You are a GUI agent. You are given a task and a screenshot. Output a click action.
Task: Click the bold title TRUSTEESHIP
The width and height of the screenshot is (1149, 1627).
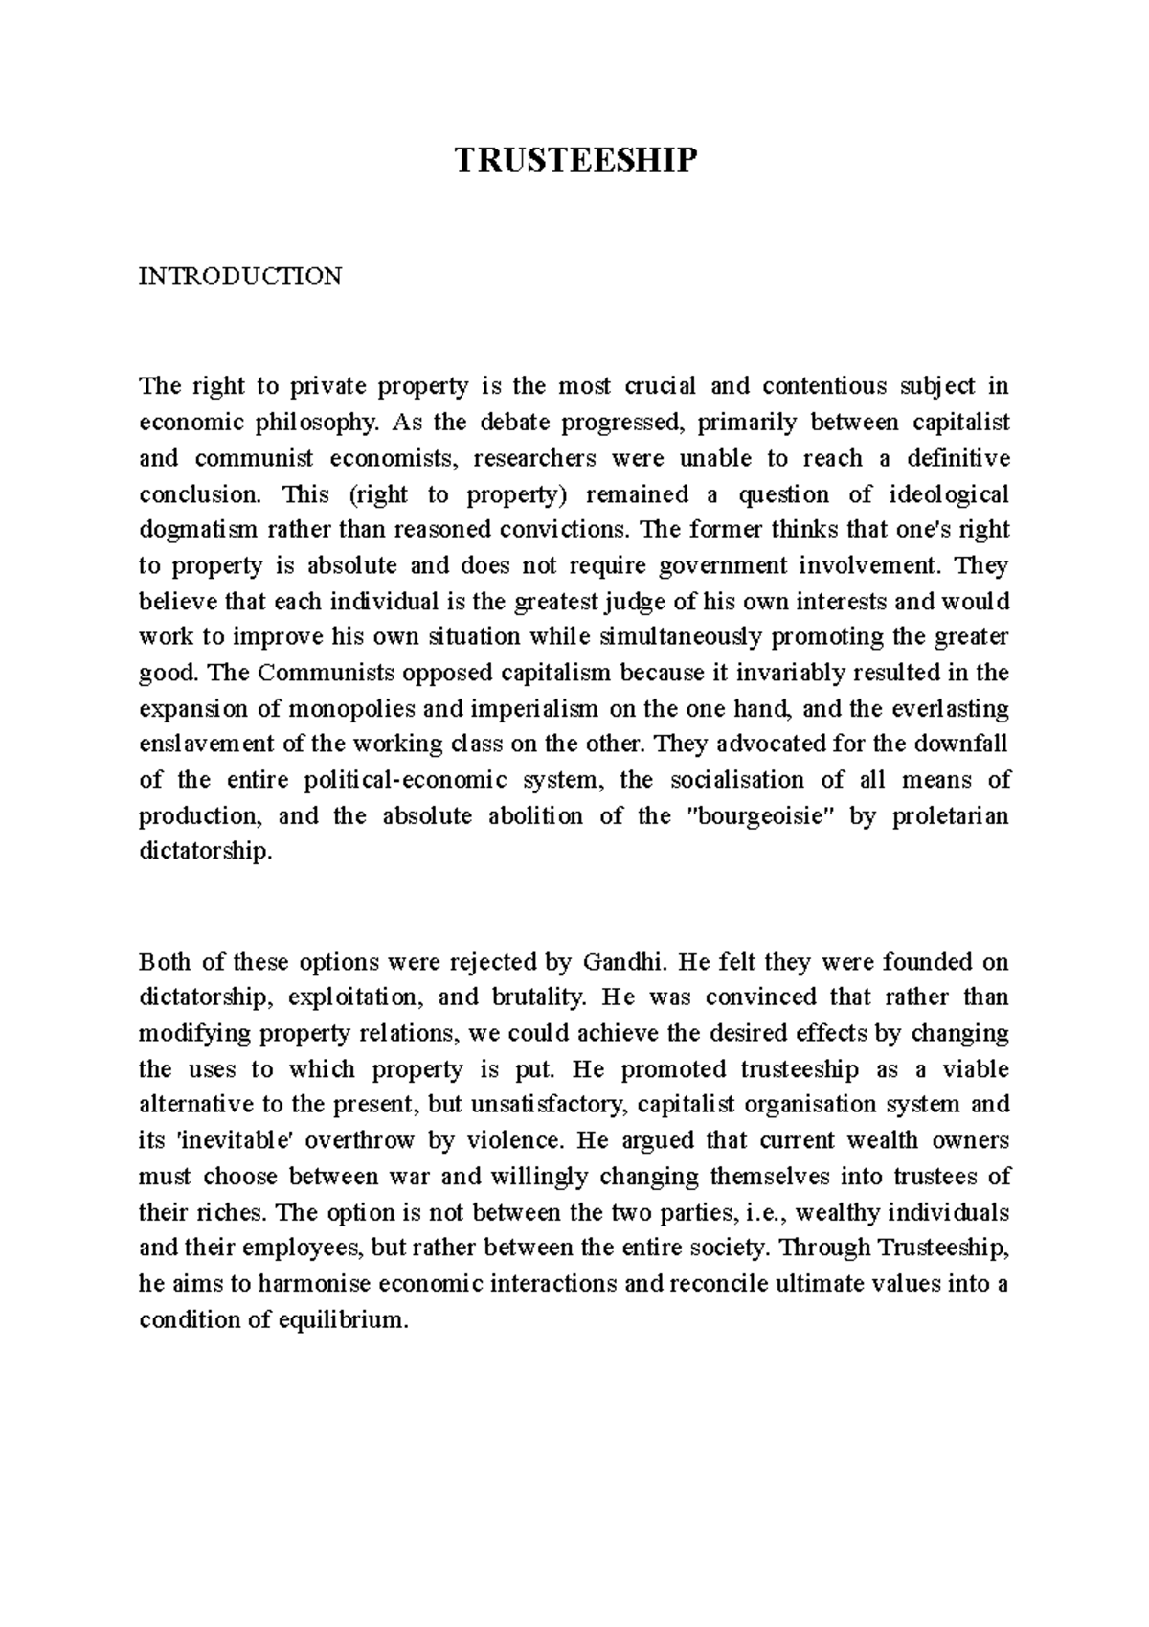click(x=574, y=161)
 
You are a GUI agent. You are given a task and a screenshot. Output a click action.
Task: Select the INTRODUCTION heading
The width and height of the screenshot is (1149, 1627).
click(x=240, y=277)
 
